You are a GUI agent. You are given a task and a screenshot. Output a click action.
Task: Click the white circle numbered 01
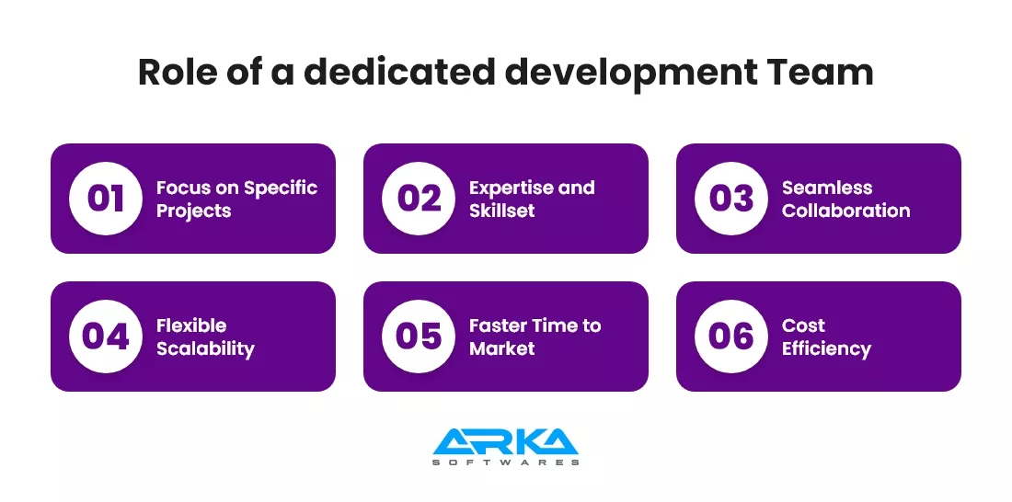(106, 199)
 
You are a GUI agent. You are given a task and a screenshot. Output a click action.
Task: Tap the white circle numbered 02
(419, 199)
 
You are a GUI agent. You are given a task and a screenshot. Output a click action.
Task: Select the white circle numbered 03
(731, 199)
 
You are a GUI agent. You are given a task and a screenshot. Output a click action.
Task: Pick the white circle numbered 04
(106, 337)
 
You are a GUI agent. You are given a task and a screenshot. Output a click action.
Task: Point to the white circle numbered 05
(419, 337)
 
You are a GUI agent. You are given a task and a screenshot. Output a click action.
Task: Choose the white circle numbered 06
(731, 337)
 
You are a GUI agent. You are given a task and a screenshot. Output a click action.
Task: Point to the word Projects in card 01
(193, 211)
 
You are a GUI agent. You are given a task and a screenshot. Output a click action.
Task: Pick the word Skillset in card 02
(502, 211)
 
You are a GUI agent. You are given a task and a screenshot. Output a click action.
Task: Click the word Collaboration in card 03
(846, 211)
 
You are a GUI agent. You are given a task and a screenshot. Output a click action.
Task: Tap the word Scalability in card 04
(206, 349)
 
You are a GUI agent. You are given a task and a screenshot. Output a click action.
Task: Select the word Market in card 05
(502, 348)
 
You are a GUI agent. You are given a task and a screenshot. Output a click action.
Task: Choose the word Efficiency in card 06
(827, 349)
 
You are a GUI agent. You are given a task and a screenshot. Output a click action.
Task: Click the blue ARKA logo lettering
(506, 441)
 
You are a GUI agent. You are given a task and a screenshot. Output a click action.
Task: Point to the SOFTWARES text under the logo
(506, 462)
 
